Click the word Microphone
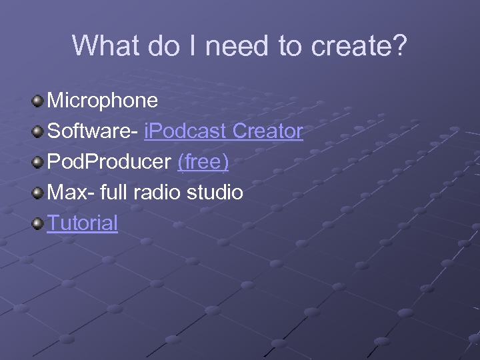click(x=103, y=101)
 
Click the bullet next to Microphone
click(x=38, y=101)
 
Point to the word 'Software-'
click(x=92, y=131)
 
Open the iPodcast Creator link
click(x=223, y=131)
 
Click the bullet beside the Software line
click(x=38, y=132)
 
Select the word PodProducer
click(x=109, y=162)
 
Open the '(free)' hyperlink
click(x=203, y=162)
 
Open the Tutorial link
click(x=82, y=223)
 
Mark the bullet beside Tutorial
click(x=38, y=223)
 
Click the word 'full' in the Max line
click(x=113, y=193)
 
